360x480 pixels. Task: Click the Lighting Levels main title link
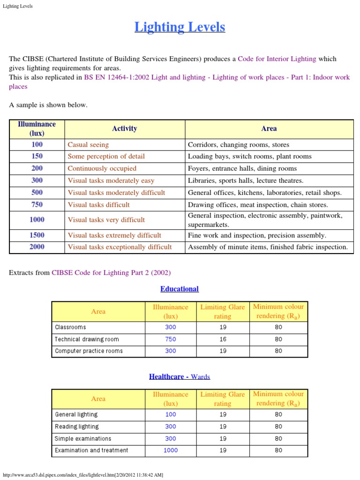(x=180, y=27)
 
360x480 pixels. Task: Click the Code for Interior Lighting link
(x=277, y=59)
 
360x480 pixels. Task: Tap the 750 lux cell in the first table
(x=37, y=204)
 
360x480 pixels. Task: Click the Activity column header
(x=124, y=128)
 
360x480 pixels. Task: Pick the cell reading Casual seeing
(x=88, y=145)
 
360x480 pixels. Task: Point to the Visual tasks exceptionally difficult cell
(x=120, y=247)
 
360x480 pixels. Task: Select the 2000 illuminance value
(x=37, y=247)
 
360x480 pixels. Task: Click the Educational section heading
(x=180, y=289)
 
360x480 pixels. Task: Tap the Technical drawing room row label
(x=87, y=339)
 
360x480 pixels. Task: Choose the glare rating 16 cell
(x=223, y=339)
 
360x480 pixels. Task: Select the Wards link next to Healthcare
(x=200, y=376)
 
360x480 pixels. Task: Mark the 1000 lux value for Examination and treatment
(x=170, y=450)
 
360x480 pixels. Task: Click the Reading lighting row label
(x=76, y=427)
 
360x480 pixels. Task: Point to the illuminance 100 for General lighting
(x=170, y=414)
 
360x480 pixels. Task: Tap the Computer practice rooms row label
(x=89, y=351)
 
